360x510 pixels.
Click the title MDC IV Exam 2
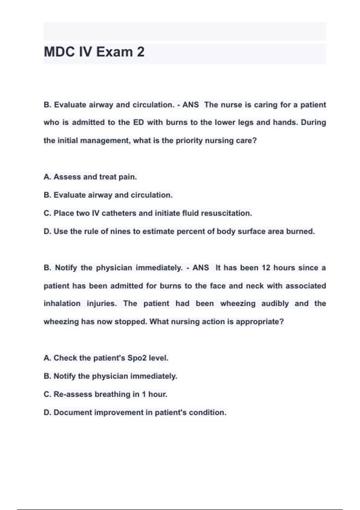click(94, 52)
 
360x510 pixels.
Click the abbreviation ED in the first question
click(139, 123)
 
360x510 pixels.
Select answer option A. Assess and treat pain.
click(90, 177)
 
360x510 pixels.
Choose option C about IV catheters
click(148, 213)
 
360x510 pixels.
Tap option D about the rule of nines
click(179, 232)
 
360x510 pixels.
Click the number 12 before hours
click(266, 268)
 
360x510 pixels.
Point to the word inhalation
click(62, 304)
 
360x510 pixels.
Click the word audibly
click(275, 304)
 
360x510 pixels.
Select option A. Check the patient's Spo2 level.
click(106, 358)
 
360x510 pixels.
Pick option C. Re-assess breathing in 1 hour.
click(105, 394)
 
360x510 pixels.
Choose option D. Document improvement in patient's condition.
click(135, 412)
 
